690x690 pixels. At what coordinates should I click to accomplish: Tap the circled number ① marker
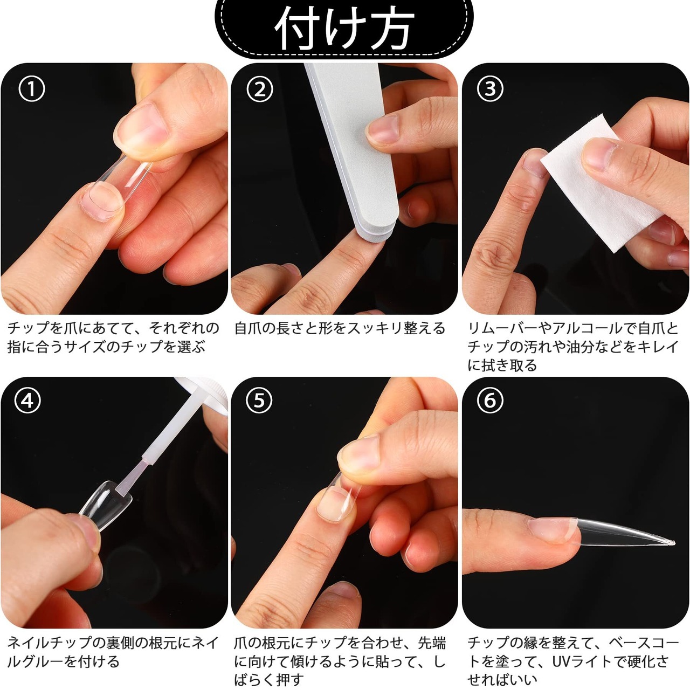pos(31,89)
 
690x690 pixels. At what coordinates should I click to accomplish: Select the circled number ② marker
pos(260,89)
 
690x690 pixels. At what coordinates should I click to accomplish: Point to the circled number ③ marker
pos(490,89)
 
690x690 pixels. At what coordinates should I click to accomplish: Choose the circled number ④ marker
pos(28,401)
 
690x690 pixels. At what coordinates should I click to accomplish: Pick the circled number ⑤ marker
pos(259,401)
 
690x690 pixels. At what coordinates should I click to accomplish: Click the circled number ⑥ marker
pos(490,401)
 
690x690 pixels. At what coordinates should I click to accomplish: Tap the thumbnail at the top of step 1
pos(141,129)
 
